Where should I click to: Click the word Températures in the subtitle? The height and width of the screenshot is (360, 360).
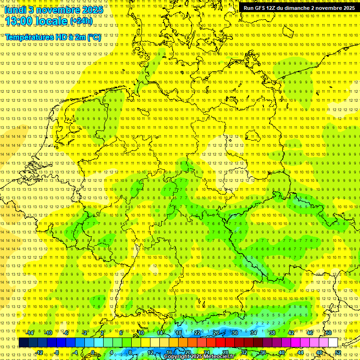(28, 37)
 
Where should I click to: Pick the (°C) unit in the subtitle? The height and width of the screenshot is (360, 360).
(93, 37)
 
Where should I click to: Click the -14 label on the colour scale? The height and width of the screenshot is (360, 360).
(30, 333)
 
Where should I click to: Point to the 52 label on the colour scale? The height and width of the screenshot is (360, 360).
(337, 352)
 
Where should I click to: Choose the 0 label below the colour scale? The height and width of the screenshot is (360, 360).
(93, 352)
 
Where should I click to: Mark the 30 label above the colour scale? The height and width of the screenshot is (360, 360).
(234, 333)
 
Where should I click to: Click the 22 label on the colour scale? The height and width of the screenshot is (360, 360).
(197, 333)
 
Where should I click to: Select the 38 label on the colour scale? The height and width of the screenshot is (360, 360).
(272, 333)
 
